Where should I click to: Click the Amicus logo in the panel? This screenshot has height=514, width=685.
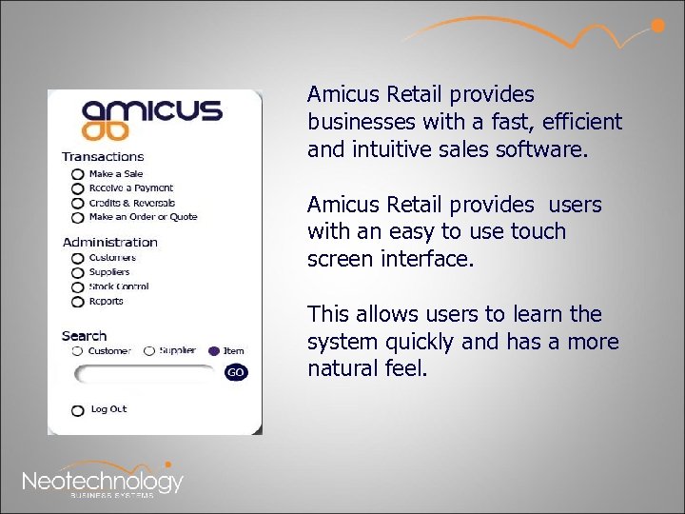coord(151,119)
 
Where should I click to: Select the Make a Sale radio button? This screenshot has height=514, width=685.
coord(78,175)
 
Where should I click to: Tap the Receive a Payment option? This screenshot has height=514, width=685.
coord(78,189)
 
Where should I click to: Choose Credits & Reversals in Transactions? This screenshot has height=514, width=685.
coord(78,204)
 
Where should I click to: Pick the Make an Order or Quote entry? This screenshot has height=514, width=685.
coord(78,218)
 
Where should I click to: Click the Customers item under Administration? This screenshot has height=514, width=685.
coord(78,259)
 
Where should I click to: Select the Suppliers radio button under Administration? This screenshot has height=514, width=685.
coord(78,273)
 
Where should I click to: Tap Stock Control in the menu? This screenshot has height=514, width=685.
coord(78,287)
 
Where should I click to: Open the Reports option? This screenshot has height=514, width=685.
coord(78,302)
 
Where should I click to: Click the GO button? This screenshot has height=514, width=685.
coord(235,372)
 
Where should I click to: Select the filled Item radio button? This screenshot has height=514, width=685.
coord(213,351)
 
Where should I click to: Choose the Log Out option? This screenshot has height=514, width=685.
coord(78,410)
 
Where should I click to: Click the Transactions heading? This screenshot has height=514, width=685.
coord(103,157)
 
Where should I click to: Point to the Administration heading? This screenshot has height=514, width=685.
coord(109,242)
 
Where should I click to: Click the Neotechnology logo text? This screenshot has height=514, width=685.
coord(103,481)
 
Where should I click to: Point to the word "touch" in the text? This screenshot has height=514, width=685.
coord(539,231)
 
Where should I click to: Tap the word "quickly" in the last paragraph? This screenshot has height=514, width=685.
coord(406,341)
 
